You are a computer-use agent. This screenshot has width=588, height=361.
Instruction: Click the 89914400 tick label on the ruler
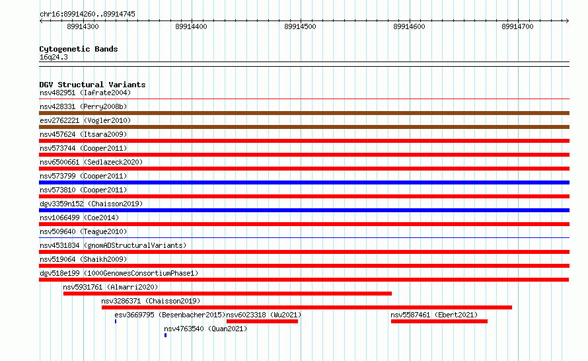coord(191,26)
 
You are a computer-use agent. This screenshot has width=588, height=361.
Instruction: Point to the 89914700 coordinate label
coord(517,26)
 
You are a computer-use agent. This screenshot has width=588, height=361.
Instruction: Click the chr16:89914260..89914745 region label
coord(87,15)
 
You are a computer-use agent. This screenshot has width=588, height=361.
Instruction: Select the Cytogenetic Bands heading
coord(79,49)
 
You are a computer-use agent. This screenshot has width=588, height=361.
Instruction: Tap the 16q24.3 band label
coord(54,57)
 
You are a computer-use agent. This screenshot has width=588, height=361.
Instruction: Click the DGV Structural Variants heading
coord(92,85)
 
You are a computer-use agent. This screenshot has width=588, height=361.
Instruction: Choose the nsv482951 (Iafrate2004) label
coord(85,93)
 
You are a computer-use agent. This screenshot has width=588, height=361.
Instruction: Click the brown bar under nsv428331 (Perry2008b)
coord(304,113)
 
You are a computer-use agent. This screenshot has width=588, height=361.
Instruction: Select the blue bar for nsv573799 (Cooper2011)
coord(304,182)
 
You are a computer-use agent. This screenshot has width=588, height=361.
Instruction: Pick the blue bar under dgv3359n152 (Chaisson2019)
coord(304,210)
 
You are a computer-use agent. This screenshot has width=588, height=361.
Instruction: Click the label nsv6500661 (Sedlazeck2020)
coord(91,162)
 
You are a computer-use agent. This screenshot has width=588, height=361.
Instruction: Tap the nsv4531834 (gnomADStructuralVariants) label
coord(113,245)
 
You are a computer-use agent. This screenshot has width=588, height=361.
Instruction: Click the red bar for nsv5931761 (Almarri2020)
coord(228,294)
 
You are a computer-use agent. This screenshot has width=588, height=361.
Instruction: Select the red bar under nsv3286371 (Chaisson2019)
coord(307,307)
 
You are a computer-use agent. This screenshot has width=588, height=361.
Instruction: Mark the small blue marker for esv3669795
coord(116,321)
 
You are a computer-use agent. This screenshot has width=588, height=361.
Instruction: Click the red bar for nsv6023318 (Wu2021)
coord(262,321)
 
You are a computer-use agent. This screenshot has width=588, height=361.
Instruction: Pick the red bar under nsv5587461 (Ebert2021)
coord(439,321)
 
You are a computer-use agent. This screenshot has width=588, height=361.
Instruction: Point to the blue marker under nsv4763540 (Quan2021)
coord(165,335)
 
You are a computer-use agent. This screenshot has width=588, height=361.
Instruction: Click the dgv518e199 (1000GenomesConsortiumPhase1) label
coord(119,273)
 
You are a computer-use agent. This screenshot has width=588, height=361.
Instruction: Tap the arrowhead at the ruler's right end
coord(568,20)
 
